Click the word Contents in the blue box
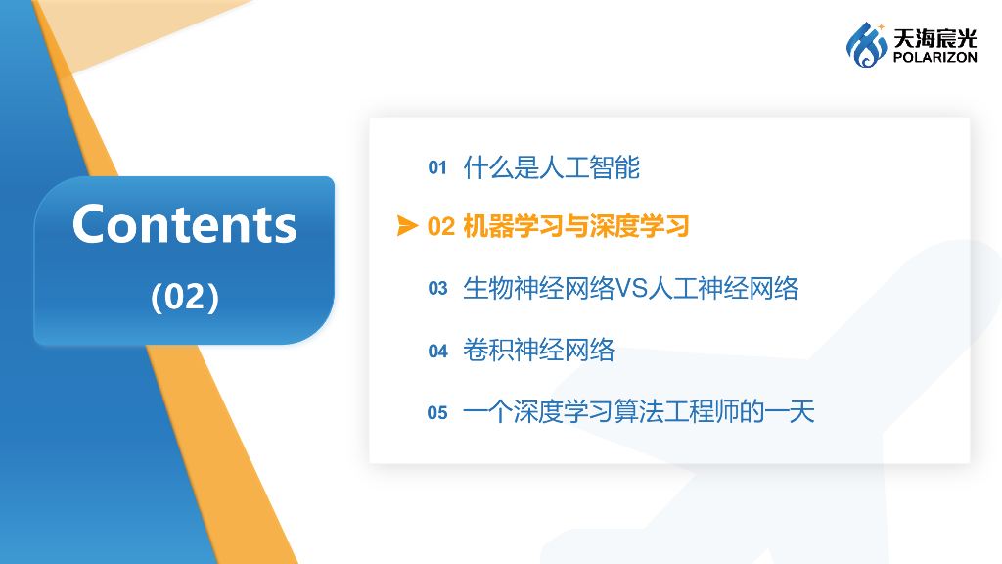(184, 224)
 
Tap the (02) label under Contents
(184, 296)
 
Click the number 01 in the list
(437, 168)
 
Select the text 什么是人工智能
(551, 167)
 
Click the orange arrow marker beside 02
(407, 227)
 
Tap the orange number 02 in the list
(441, 227)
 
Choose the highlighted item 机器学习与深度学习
(576, 227)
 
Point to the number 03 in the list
(437, 289)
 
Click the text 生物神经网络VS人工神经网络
(630, 288)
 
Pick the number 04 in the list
(437, 351)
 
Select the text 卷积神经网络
(538, 350)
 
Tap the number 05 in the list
(437, 412)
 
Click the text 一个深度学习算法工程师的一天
(638, 411)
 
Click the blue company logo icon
(866, 45)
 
